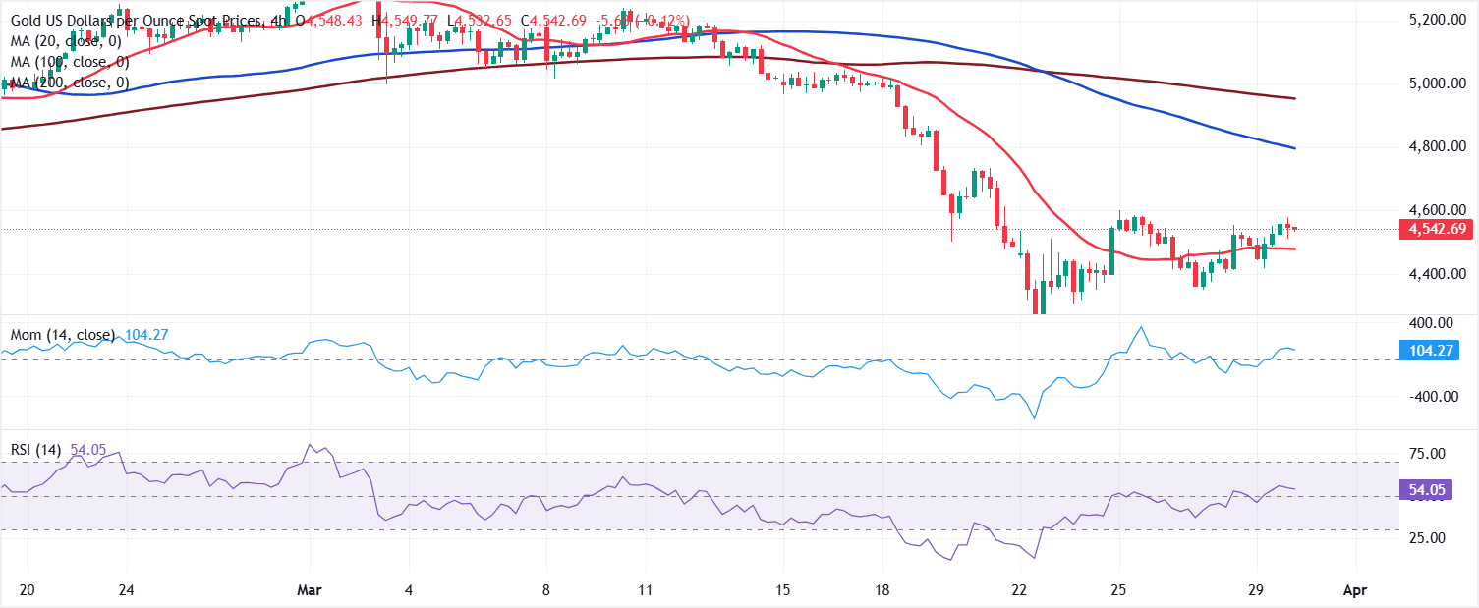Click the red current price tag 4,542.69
point(1430,229)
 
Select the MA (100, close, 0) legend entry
point(68,62)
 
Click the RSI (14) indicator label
point(35,450)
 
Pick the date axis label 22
point(1022,590)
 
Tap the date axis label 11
point(646,590)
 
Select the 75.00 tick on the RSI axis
point(1426,454)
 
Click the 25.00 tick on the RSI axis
point(1426,538)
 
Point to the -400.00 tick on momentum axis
point(1426,397)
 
